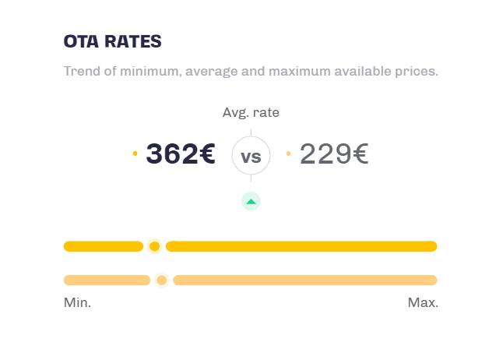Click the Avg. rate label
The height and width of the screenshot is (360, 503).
[x=251, y=112]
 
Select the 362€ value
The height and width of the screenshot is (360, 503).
[x=180, y=154]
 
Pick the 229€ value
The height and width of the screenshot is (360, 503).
[x=334, y=154]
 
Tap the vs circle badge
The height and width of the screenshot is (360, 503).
[x=251, y=157]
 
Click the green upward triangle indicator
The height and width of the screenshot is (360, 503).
[x=251, y=201]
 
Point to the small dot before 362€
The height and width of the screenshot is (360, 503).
[x=135, y=154]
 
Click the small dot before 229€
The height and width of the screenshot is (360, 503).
[x=288, y=154]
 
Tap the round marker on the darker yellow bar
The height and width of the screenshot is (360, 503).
[x=154, y=246]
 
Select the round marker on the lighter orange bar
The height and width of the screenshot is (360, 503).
[x=161, y=280]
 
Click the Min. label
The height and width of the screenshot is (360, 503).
[x=77, y=302]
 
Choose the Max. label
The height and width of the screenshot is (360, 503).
[x=423, y=302]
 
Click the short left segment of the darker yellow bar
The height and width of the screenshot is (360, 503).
[x=104, y=246]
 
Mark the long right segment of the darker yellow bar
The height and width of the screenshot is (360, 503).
[x=301, y=246]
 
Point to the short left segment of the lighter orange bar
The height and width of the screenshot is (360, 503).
[x=107, y=280]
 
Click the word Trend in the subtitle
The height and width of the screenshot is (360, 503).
[x=80, y=72]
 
